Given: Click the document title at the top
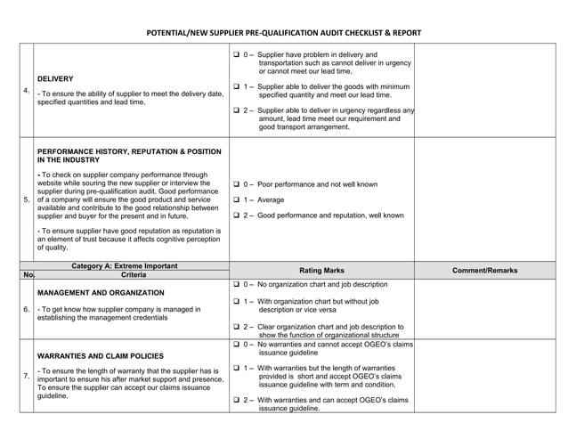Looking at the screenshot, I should click(284, 33).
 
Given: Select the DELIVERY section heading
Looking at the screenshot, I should click(55, 78).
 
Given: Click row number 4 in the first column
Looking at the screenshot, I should click(26, 91).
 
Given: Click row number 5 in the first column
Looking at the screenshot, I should click(26, 199).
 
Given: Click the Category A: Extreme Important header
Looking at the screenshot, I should click(124, 265).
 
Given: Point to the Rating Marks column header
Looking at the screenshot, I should click(321, 270).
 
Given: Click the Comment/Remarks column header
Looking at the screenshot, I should click(484, 270).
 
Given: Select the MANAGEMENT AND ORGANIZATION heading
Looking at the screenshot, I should click(101, 292).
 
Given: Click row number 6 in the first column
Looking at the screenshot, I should click(26, 309).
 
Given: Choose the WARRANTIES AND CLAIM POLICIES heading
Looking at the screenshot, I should click(101, 355).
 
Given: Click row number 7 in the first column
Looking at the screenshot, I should click(26, 376).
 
